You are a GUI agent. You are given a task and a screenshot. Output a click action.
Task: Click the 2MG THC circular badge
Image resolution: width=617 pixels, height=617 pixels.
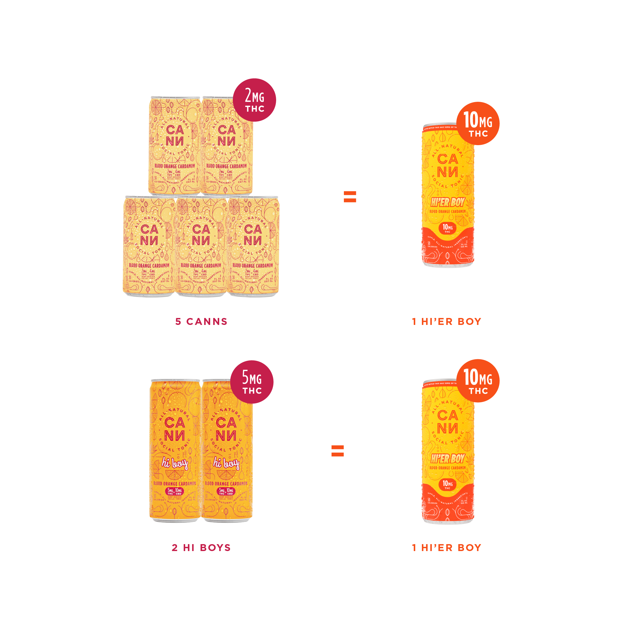pos(254,100)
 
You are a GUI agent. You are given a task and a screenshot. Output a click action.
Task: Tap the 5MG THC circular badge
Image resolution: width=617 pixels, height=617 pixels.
pos(252,382)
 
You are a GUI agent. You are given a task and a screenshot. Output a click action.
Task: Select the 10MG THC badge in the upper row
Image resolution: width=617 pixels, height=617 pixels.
pos(478,123)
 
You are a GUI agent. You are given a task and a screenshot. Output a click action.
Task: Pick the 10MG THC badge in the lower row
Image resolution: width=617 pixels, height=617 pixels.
pos(478,381)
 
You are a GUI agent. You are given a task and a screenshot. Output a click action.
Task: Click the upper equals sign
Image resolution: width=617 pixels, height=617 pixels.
pos(350,197)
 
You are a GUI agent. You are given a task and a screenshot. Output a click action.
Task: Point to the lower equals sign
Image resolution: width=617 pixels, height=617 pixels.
pos(338,451)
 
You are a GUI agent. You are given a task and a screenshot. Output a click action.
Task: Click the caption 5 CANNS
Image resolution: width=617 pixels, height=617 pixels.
pos(201,322)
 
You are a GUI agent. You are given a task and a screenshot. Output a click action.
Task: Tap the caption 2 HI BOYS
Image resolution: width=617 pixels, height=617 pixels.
pos(201,548)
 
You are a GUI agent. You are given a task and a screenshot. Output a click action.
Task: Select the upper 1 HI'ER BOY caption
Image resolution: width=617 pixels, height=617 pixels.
pos(447,322)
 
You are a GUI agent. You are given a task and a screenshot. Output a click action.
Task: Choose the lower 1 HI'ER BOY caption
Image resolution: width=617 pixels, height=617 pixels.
pos(447,548)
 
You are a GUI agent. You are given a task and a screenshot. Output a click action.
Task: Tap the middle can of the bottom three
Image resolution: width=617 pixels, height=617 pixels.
pos(201,246)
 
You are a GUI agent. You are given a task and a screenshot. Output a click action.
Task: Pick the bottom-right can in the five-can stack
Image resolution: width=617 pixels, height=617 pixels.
pos(253,246)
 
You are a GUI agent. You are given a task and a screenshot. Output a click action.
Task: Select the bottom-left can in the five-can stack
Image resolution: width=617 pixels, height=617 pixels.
pos(149,246)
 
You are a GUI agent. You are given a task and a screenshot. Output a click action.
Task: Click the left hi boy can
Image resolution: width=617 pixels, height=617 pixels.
pos(175,450)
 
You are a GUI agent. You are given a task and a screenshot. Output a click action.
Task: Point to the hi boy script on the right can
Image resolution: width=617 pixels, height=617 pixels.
pos(226,463)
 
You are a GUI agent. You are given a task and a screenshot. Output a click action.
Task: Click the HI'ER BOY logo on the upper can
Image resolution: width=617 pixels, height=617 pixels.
pos(447,202)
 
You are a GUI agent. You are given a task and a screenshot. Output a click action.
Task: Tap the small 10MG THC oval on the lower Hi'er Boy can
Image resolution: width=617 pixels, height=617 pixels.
pos(447,484)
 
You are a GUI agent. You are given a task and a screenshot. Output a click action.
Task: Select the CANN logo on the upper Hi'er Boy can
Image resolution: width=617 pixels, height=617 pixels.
pos(447,166)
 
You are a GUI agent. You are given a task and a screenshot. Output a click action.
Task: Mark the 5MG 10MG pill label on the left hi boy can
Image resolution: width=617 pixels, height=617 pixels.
pos(174,491)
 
